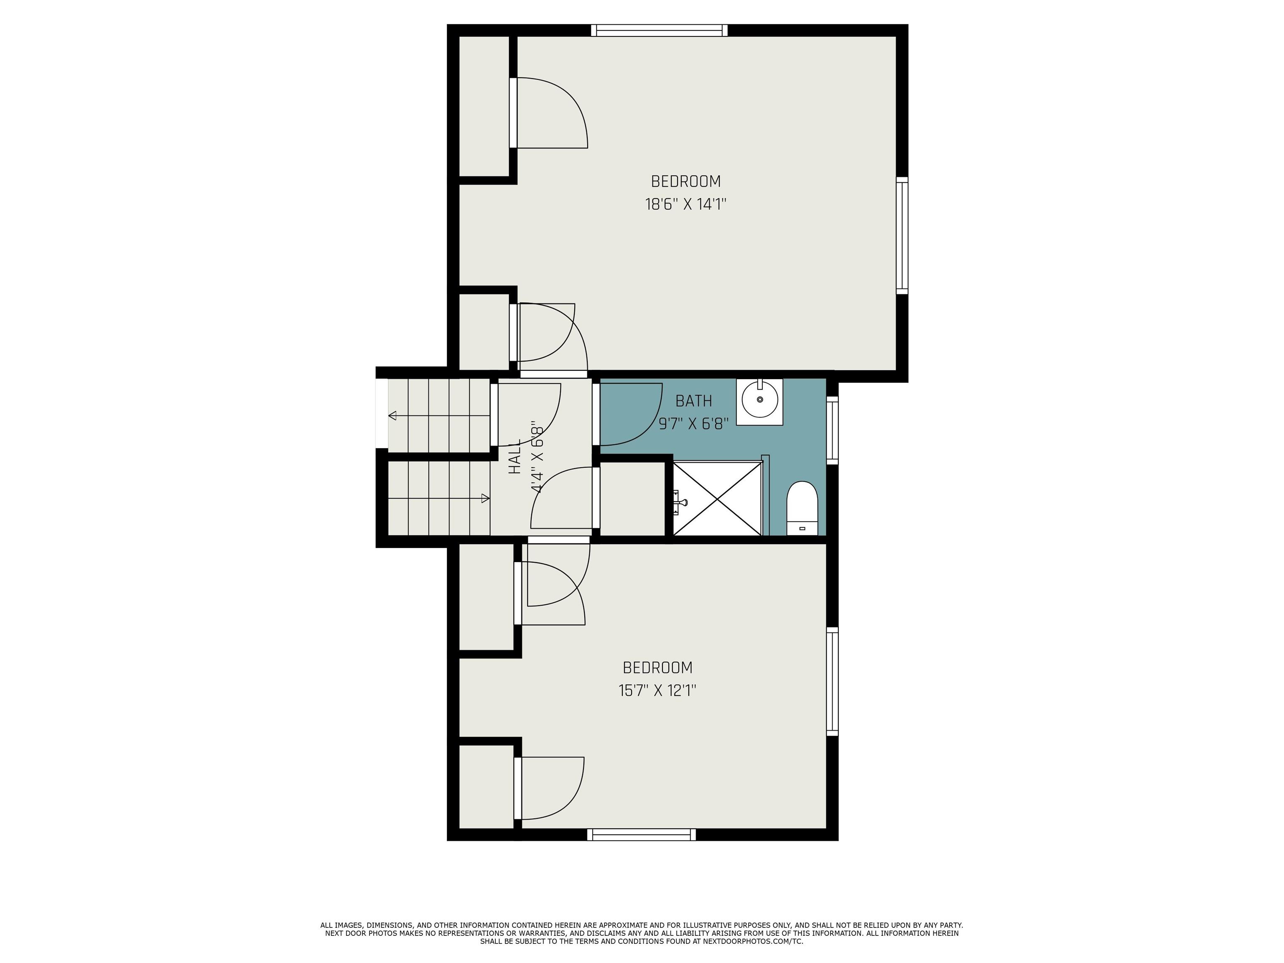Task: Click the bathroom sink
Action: click(x=760, y=402)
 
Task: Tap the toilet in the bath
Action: click(x=802, y=508)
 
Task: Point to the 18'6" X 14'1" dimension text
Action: click(x=686, y=204)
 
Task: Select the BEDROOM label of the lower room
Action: click(x=657, y=667)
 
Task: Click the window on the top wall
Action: click(x=660, y=30)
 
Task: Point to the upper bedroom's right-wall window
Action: click(x=902, y=235)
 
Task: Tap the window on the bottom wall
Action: click(x=642, y=835)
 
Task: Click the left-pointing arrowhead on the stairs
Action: click(x=392, y=415)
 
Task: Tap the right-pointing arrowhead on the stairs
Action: click(x=486, y=498)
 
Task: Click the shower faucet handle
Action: click(x=680, y=502)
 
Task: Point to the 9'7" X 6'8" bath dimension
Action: click(x=694, y=424)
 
